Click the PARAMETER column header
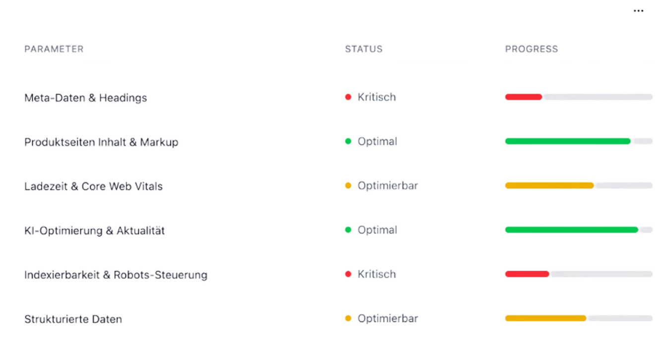click(x=54, y=49)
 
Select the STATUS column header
click(x=364, y=49)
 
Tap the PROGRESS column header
click(x=531, y=49)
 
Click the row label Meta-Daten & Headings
click(x=85, y=98)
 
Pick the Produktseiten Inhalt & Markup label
click(x=101, y=142)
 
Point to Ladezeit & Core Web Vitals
click(x=93, y=186)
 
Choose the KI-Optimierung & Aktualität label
click(x=94, y=230)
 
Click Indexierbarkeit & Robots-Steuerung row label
click(x=116, y=275)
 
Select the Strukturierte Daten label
click(x=73, y=319)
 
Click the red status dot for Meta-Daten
click(x=348, y=97)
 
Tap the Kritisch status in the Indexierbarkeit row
click(x=377, y=274)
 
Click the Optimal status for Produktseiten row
click(x=377, y=142)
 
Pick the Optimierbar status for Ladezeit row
click(x=388, y=186)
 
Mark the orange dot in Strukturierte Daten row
click(x=348, y=318)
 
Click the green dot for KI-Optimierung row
click(x=348, y=230)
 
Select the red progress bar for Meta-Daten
click(x=523, y=97)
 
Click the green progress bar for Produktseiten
click(x=567, y=142)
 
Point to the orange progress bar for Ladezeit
click(x=549, y=186)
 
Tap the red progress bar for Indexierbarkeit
click(x=527, y=274)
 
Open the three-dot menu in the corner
click(x=638, y=11)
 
